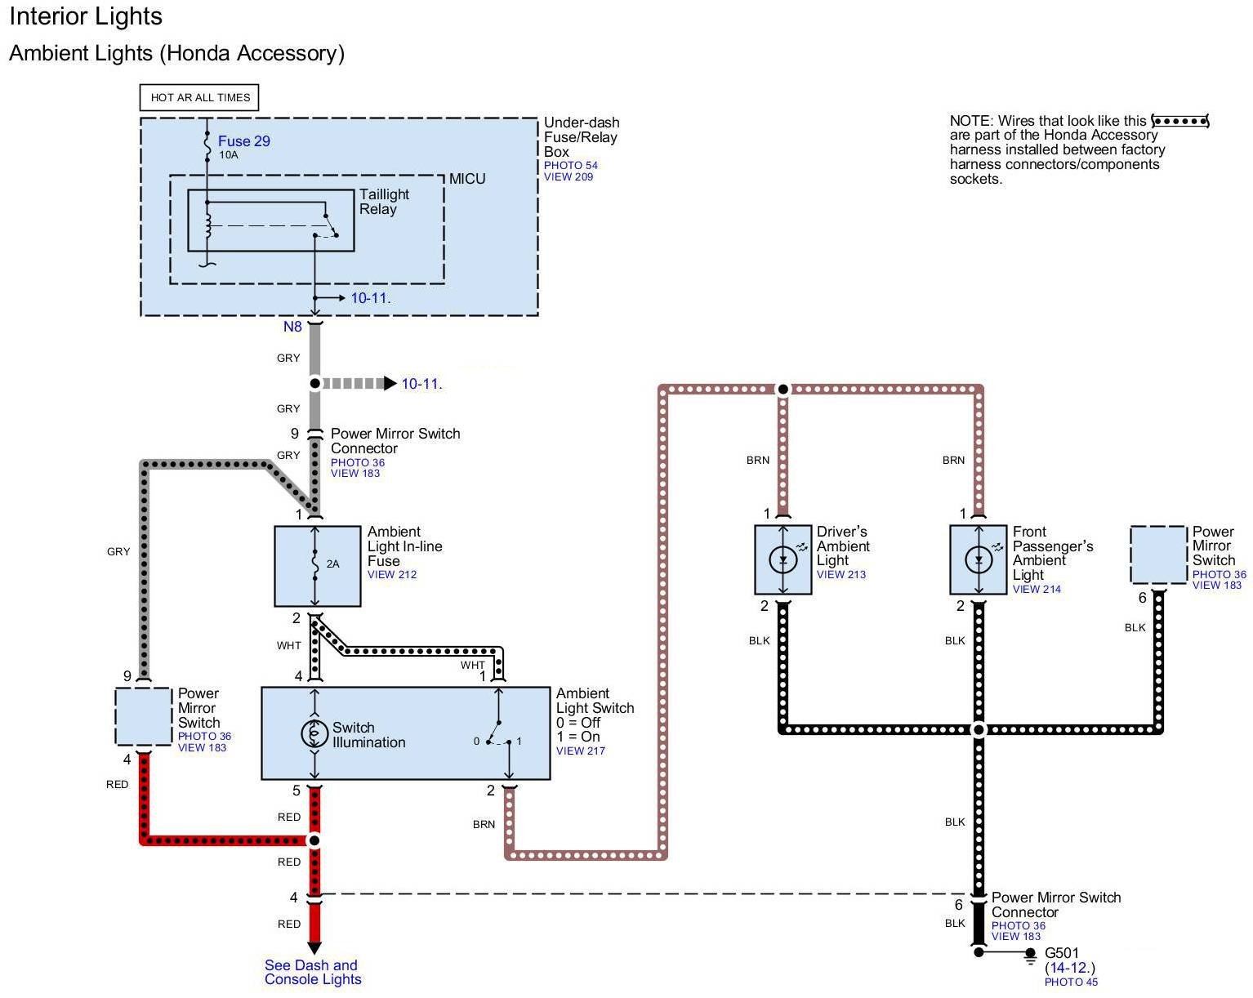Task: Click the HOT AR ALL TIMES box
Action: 200,98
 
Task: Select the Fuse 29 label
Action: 243,141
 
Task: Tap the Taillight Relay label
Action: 383,202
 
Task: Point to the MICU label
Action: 467,179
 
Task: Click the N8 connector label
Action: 292,327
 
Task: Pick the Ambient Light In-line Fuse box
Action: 317,566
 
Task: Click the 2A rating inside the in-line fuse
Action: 333,564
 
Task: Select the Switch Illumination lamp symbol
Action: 314,733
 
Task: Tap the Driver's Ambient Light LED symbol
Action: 783,560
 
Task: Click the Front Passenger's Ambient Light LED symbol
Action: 979,560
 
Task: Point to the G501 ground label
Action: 1062,953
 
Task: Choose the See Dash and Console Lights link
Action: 312,972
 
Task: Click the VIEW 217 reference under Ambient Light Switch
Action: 580,751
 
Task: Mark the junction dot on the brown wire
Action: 783,390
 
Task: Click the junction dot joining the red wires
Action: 314,840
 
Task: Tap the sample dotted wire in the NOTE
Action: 1179,121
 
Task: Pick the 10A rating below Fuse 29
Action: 228,155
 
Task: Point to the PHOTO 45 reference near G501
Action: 1071,982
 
